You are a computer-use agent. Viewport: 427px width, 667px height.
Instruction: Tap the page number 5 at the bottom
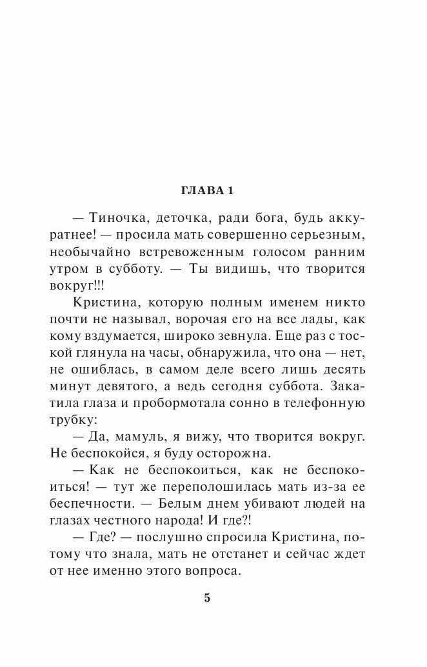[x=207, y=597]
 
